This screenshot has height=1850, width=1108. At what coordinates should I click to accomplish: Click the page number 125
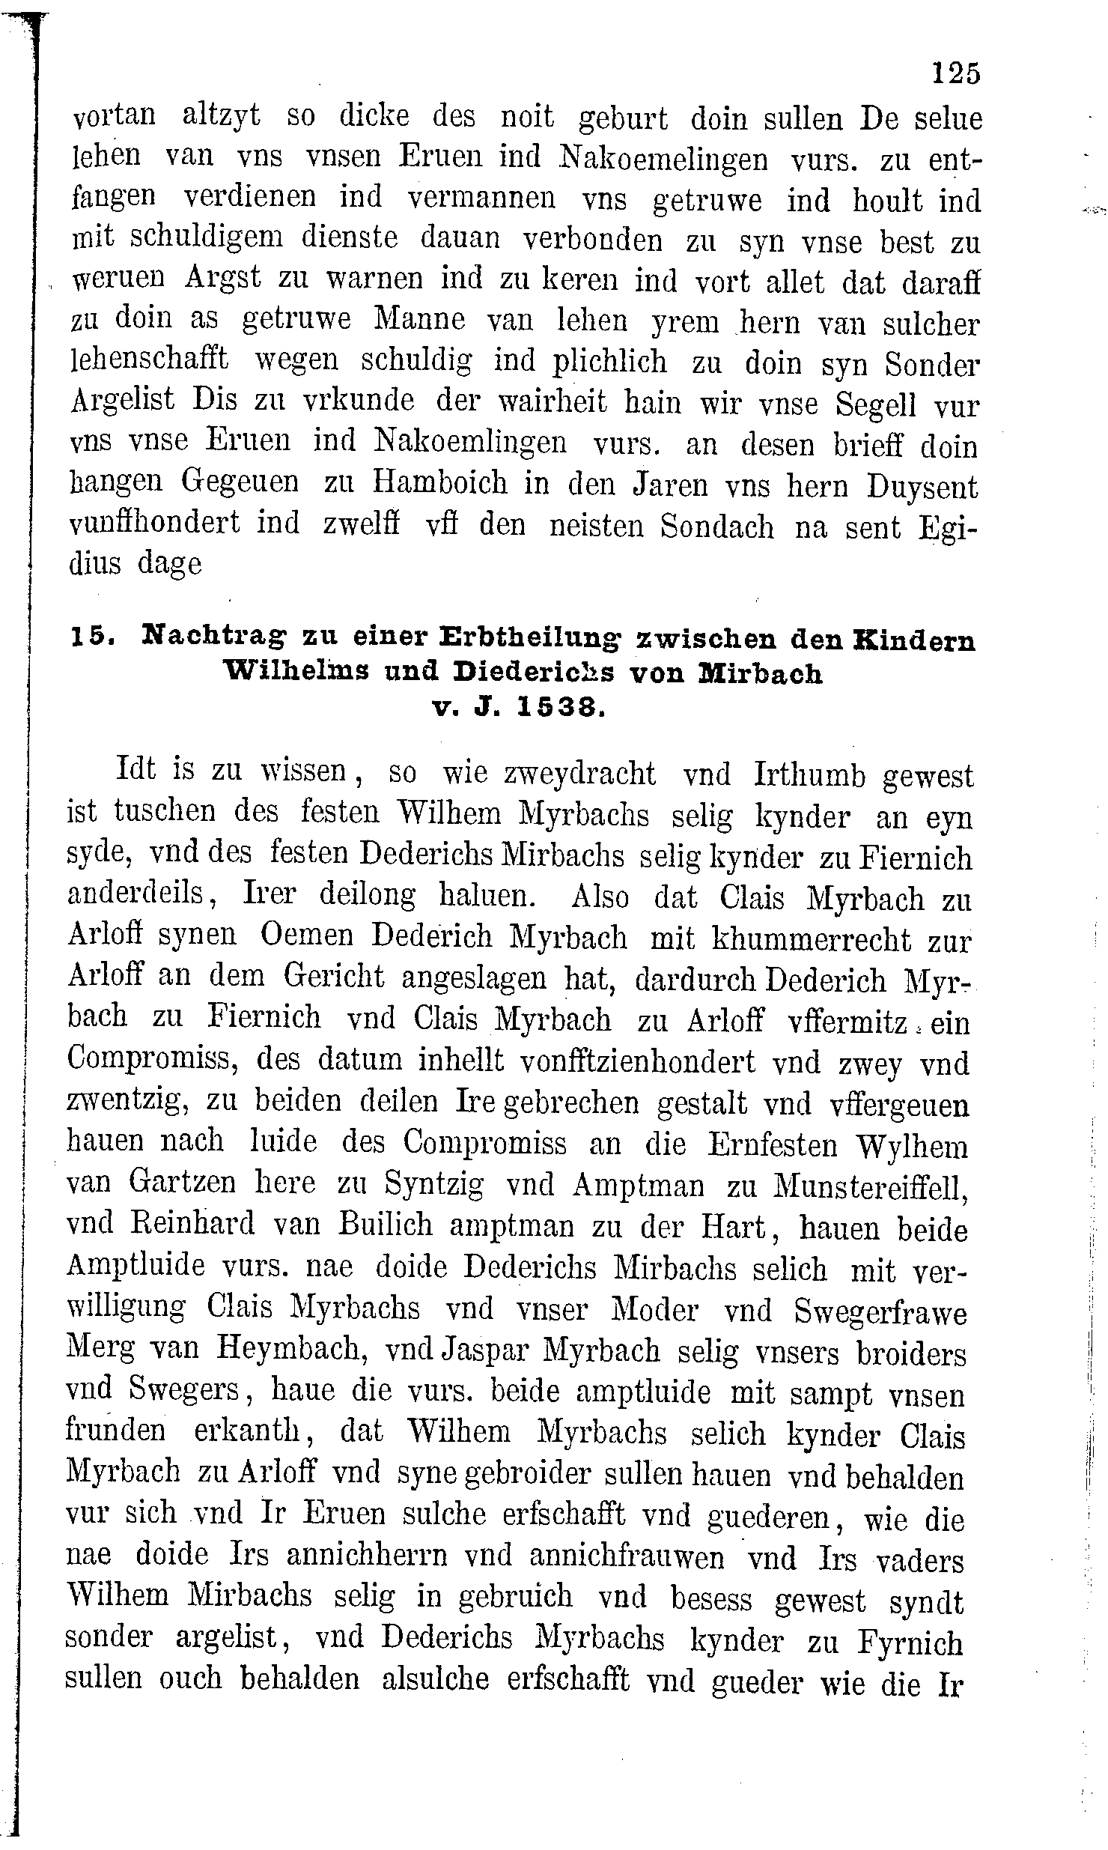955,74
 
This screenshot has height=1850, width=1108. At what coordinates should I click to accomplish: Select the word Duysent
923,488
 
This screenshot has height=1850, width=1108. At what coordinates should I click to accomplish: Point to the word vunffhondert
154,523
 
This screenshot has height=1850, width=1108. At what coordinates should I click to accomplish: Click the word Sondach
717,527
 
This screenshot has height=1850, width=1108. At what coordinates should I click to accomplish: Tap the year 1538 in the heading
559,707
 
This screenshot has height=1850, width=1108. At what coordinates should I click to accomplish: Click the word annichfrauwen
627,1556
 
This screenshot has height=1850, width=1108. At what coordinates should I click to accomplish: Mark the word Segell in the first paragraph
876,405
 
